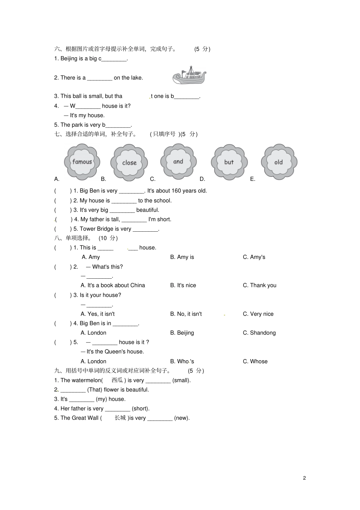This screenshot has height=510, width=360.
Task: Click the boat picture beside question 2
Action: click(189, 75)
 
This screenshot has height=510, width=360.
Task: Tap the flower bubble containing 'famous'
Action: click(82, 162)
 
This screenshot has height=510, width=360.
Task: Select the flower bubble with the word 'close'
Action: click(129, 162)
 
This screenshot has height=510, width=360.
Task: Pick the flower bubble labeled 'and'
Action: click(178, 162)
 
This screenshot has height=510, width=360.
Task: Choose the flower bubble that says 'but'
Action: click(229, 162)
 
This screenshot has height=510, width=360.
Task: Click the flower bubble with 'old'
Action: click(279, 162)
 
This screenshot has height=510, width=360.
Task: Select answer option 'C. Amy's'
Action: click(254, 257)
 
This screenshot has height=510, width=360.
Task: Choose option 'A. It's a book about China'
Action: click(113, 285)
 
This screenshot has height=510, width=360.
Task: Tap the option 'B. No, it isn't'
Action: click(186, 314)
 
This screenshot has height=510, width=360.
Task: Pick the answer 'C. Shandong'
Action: click(259, 333)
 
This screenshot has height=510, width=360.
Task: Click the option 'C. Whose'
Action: click(255, 361)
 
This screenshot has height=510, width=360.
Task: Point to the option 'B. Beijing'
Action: click(182, 333)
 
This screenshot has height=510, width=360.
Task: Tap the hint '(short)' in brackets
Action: click(141, 408)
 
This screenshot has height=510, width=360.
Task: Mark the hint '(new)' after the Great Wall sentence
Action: click(182, 418)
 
